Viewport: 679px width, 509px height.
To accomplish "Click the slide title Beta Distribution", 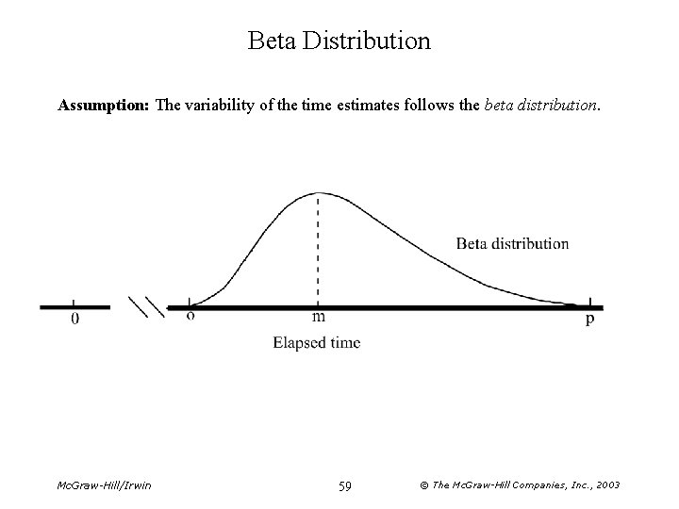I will [339, 41].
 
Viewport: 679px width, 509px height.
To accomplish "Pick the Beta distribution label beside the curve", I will [512, 243].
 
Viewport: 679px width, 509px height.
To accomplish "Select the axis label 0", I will [75, 320].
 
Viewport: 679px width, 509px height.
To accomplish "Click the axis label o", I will [190, 317].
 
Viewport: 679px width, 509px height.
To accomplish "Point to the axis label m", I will [319, 318].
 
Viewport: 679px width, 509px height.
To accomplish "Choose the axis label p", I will [590, 320].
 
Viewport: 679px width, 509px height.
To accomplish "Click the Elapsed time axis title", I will [316, 343].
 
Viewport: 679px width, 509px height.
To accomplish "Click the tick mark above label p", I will [590, 301].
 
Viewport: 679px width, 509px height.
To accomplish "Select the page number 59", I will [344, 484].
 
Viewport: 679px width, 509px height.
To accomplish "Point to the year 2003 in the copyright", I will [604, 484].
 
